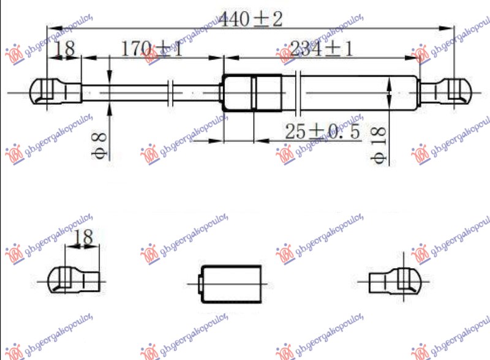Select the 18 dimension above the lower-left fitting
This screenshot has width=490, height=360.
pyautogui.click(x=86, y=237)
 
